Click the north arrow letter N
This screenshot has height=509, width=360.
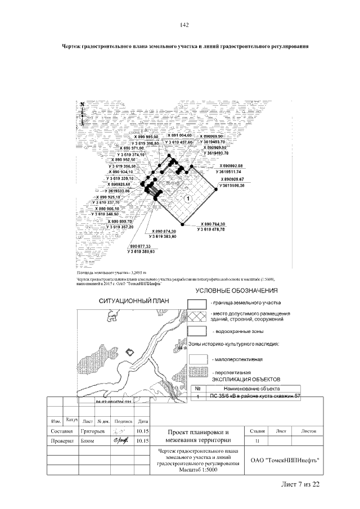pyautogui.click(x=82, y=104)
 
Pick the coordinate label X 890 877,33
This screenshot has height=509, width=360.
pyautogui.click(x=142, y=246)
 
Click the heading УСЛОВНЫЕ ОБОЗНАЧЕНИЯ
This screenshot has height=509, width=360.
pyautogui.click(x=237, y=291)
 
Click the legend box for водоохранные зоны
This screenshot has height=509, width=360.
pyautogui.click(x=197, y=331)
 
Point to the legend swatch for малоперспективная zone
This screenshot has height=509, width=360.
pyautogui.click(x=197, y=358)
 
